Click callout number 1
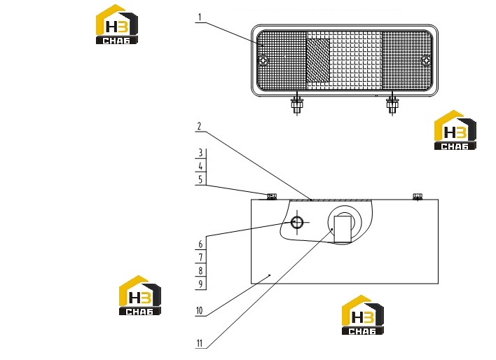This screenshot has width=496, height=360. click(x=200, y=17)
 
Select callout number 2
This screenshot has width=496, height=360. click(x=199, y=126)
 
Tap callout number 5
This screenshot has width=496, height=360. click(x=200, y=180)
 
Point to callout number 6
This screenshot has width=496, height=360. click(x=200, y=244)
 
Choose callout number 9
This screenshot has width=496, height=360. click(x=200, y=284)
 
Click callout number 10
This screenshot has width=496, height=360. click(x=199, y=310)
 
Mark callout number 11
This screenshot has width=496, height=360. click(x=199, y=343)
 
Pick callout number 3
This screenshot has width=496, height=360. click(x=200, y=153)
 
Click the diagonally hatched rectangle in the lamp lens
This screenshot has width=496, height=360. click(x=318, y=60)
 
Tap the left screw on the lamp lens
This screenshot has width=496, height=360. click(x=263, y=60)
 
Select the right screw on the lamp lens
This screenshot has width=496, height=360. click(x=427, y=60)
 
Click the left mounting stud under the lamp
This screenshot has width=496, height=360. click(x=297, y=104)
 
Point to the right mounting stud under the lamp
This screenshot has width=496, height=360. click(x=392, y=104)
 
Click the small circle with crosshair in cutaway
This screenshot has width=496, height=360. click(x=297, y=223)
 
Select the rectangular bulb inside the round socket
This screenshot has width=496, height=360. click(x=343, y=229)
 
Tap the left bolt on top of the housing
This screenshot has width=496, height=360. click(x=272, y=196)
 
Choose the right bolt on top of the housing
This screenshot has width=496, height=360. click(x=418, y=196)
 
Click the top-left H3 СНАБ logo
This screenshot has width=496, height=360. click(x=117, y=25)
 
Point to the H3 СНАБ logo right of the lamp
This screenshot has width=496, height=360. click(x=455, y=130)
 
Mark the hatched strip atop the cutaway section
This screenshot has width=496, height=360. click(x=329, y=200)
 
